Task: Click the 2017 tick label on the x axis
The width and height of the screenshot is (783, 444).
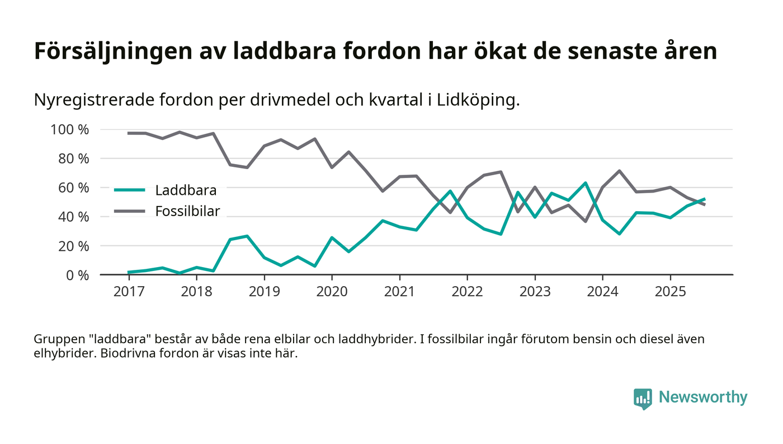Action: click(129, 293)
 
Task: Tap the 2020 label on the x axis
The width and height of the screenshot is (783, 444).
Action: click(332, 293)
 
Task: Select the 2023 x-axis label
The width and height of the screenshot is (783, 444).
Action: click(535, 293)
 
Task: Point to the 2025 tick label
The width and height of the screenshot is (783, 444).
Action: click(670, 293)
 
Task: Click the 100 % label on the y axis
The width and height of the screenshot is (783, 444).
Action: click(70, 130)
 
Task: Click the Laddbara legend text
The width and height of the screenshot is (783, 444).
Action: click(186, 190)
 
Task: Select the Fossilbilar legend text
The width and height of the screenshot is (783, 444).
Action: click(188, 211)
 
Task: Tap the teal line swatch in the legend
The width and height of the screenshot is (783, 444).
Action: click(129, 190)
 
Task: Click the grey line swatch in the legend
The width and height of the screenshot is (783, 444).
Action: click(129, 211)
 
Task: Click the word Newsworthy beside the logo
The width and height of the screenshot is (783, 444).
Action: click(703, 398)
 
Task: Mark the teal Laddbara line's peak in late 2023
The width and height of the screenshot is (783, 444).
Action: click(586, 183)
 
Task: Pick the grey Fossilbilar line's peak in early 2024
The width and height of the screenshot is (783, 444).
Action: click(619, 171)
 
